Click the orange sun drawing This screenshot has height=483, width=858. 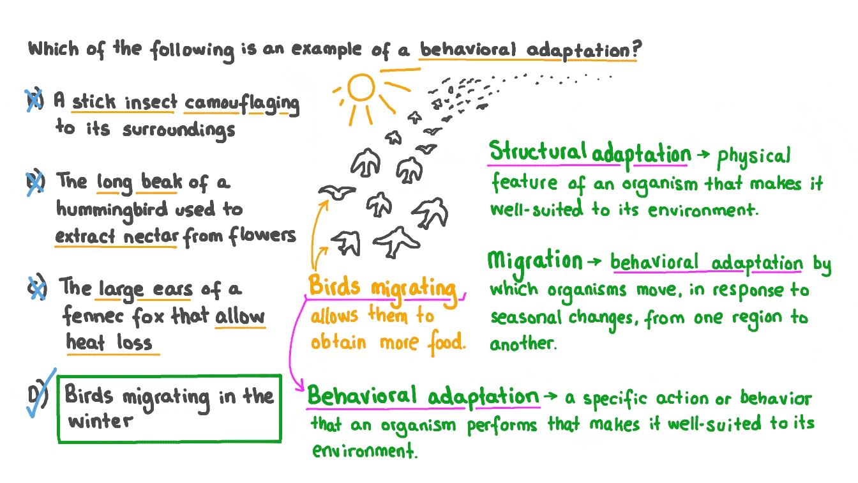click(x=362, y=89)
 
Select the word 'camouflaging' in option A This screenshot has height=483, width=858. click(x=242, y=103)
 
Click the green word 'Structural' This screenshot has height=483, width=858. click(x=538, y=153)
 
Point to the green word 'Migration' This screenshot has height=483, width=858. click(x=535, y=261)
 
